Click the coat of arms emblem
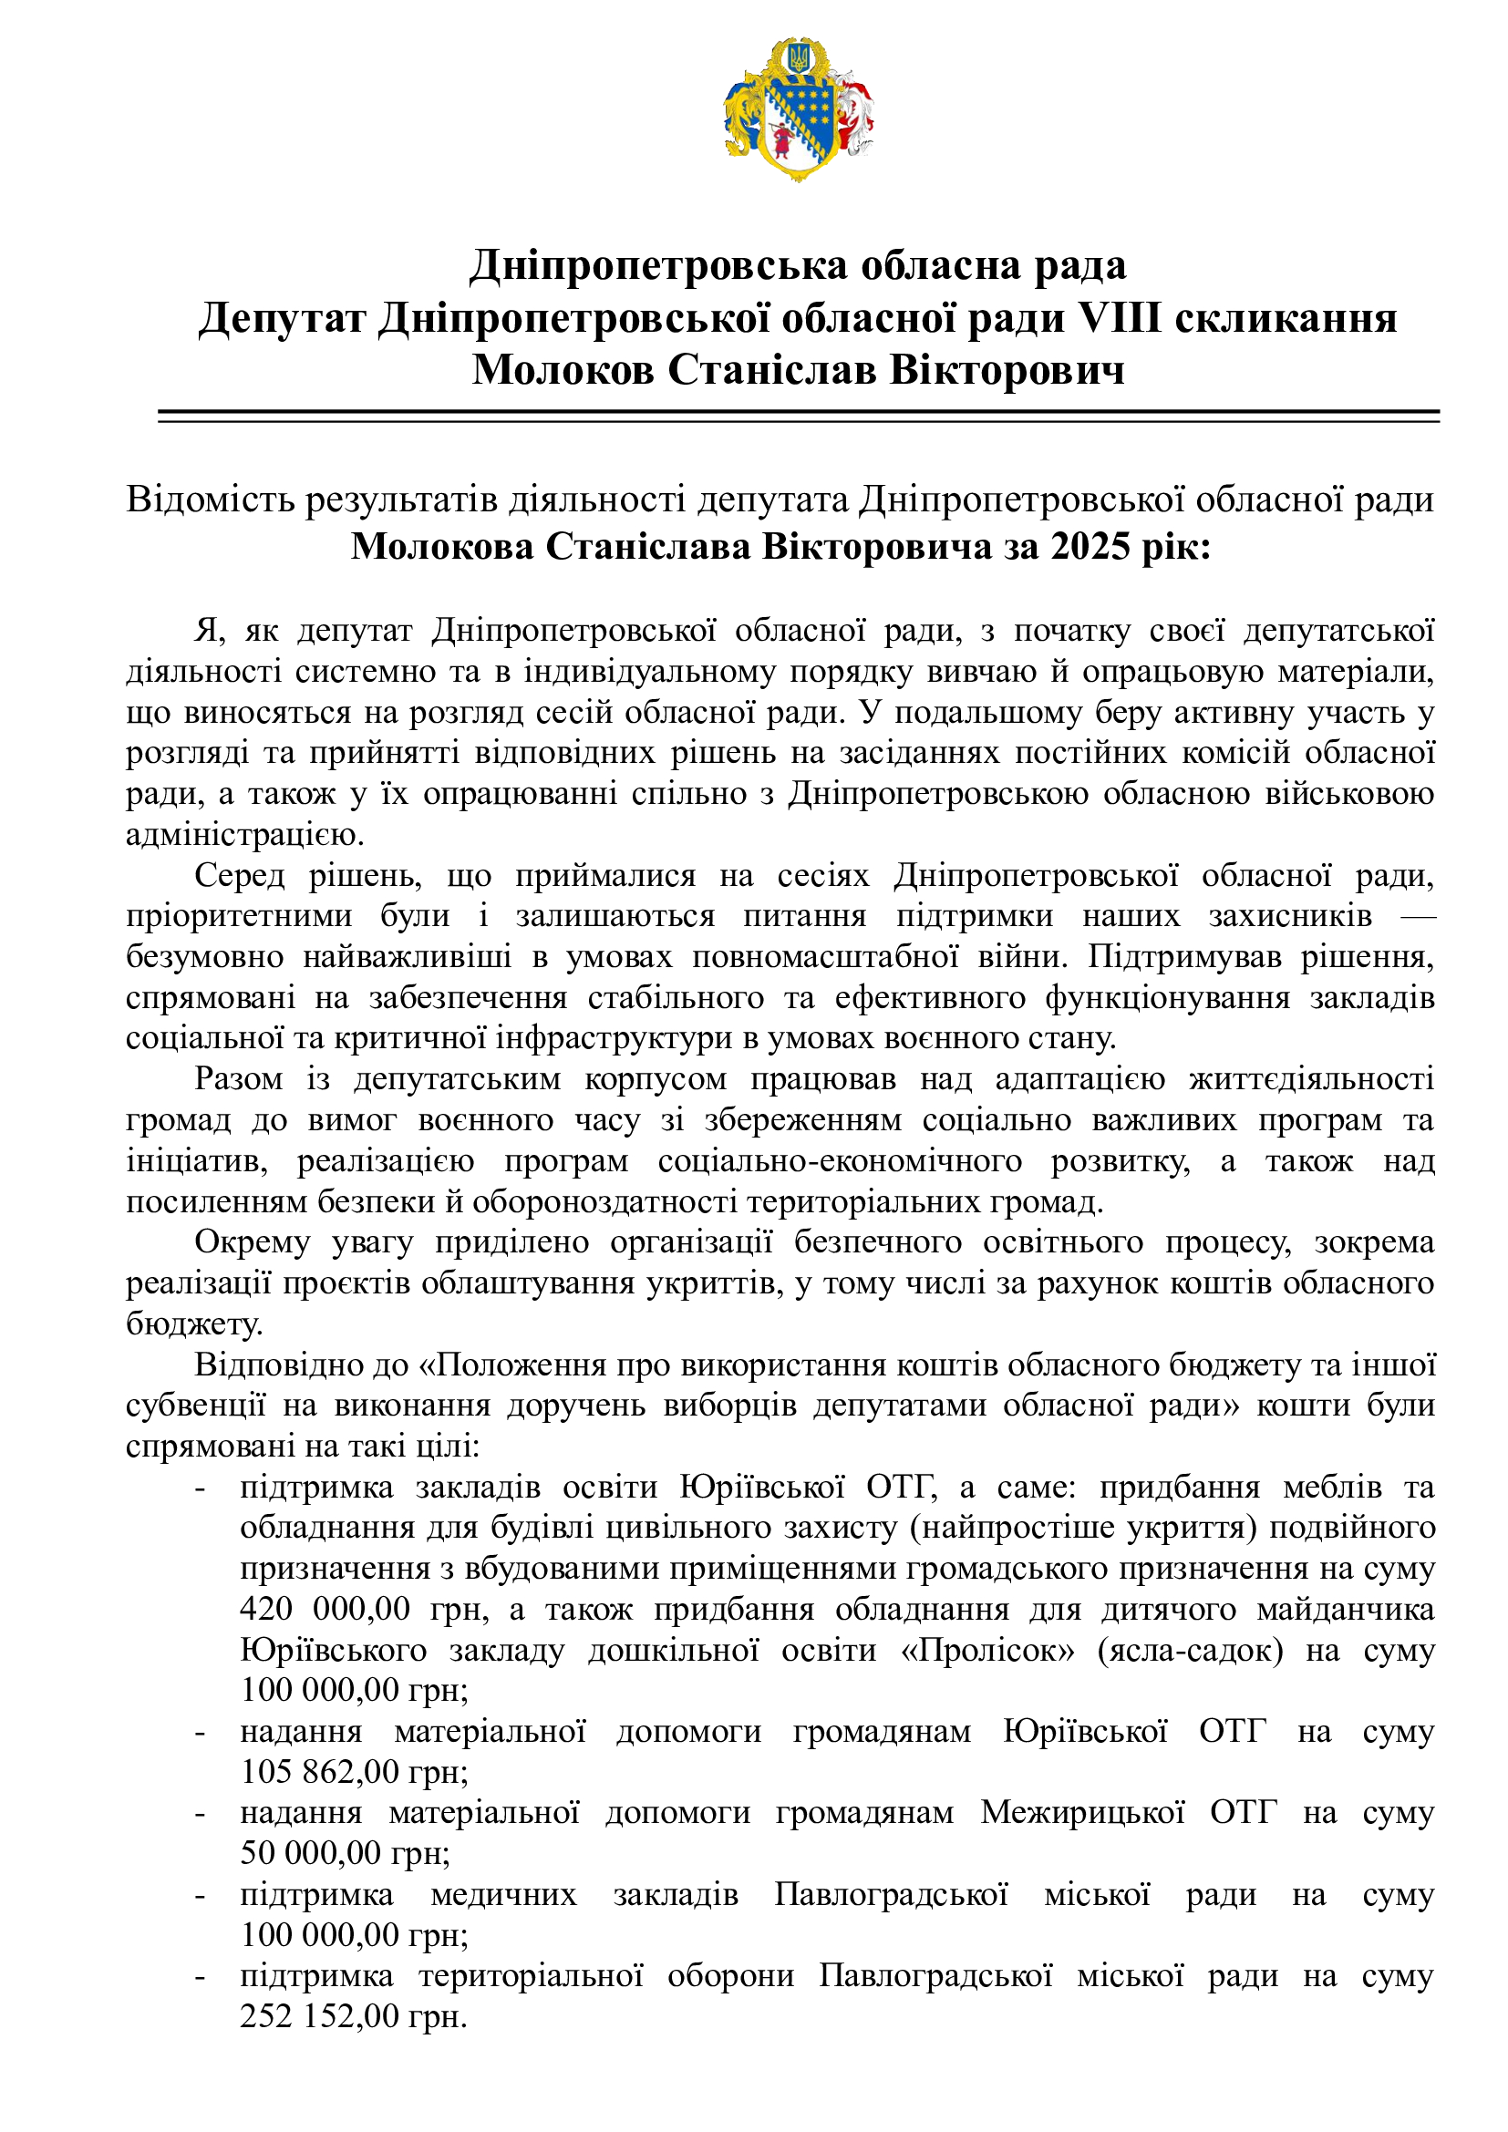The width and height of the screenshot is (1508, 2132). pyautogui.click(x=799, y=109)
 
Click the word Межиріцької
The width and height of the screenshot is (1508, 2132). pyautogui.click(x=1083, y=1813)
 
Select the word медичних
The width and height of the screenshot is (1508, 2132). pyautogui.click(x=503, y=1894)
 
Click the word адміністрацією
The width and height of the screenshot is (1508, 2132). pyautogui.click(x=244, y=835)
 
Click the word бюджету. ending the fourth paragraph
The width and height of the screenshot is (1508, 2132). pyautogui.click(x=194, y=1324)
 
